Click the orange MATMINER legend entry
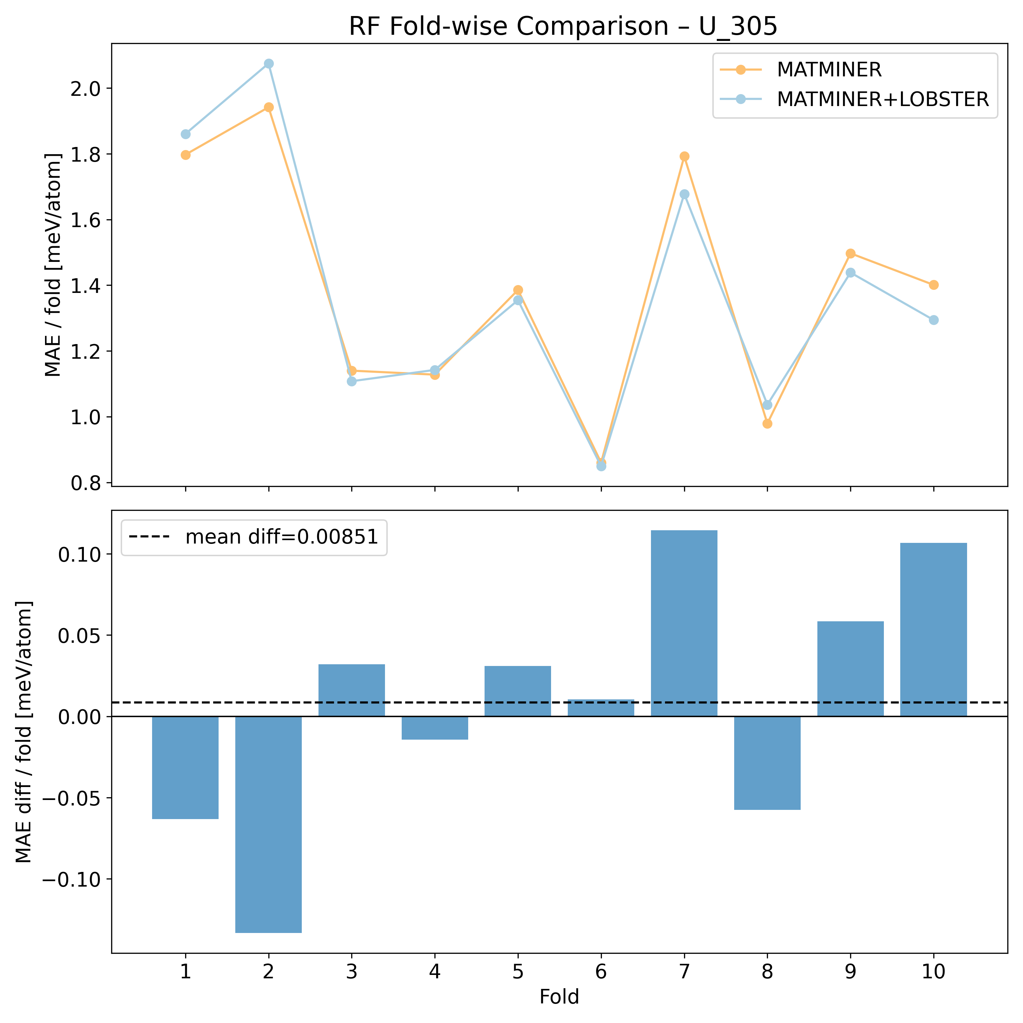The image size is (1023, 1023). pos(829,69)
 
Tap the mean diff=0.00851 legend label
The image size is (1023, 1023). pos(282,537)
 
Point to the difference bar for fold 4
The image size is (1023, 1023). pos(435,728)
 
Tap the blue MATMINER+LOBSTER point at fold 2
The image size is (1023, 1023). pos(268,63)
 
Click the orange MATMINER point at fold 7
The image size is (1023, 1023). pos(684,156)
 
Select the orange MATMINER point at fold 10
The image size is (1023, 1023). pos(934,285)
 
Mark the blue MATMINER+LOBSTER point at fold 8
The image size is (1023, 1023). pos(767,405)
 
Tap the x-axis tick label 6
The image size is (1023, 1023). pos(601,972)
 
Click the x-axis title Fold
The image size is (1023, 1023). pos(559,997)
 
